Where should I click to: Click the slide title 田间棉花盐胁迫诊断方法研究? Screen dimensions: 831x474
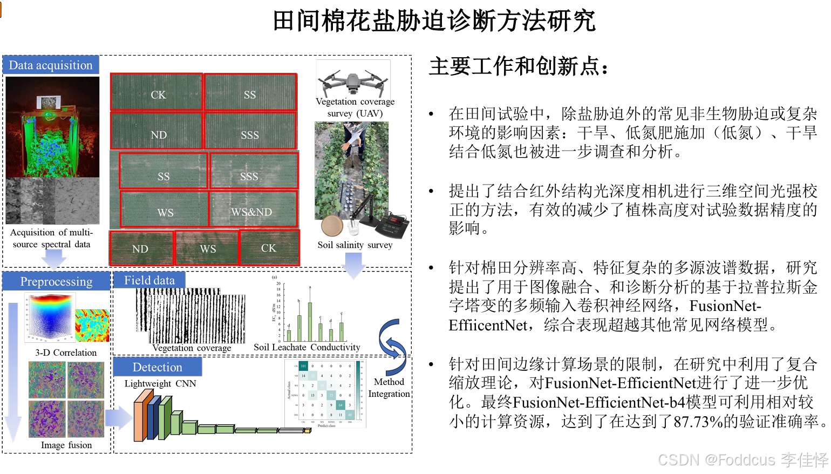tap(434, 22)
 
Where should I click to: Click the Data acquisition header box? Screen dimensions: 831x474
tap(51, 65)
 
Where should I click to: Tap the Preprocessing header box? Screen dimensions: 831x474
tap(56, 281)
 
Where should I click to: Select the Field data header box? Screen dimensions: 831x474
tap(149, 280)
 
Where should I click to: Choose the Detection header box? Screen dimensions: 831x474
tap(157, 367)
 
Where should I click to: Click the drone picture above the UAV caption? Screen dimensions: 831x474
tap(353, 81)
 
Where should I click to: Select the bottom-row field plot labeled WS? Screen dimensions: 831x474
tap(207, 248)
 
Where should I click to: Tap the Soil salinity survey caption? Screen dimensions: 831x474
tap(355, 245)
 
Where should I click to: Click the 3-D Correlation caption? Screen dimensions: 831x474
tap(66, 353)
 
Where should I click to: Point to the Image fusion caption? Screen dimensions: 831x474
tap(66, 445)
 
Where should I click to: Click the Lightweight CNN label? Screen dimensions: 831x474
tap(160, 383)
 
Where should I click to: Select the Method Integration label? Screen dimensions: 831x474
tap(389, 388)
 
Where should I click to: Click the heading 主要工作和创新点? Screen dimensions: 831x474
tap(519, 67)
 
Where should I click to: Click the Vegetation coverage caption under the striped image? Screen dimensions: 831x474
tap(192, 348)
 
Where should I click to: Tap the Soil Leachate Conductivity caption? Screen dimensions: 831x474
tap(306, 347)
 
